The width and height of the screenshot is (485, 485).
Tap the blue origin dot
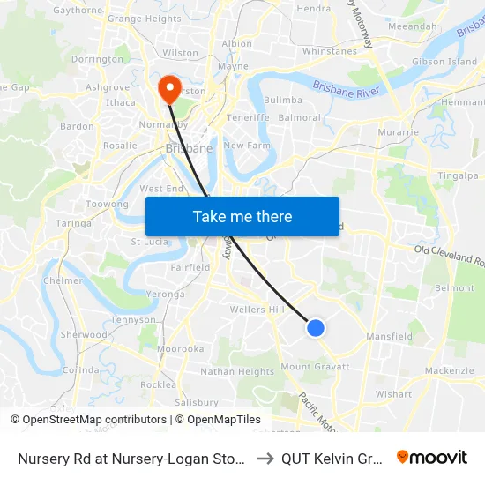point(316,328)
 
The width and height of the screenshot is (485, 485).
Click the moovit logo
point(432,457)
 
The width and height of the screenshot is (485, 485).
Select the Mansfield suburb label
point(390,336)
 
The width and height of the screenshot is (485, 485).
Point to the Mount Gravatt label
point(315,367)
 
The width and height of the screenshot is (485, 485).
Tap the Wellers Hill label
point(257,310)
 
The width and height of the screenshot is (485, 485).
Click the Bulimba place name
point(283,101)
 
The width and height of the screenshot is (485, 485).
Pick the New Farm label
point(245,145)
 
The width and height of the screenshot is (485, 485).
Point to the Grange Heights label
point(145,19)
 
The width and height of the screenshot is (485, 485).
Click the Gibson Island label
point(444,63)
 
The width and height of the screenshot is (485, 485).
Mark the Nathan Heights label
point(237,372)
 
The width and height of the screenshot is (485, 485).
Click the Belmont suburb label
point(455,288)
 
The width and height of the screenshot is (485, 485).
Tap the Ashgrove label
point(108,88)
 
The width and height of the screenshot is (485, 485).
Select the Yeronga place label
point(165,295)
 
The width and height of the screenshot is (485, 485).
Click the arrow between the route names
point(265,458)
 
